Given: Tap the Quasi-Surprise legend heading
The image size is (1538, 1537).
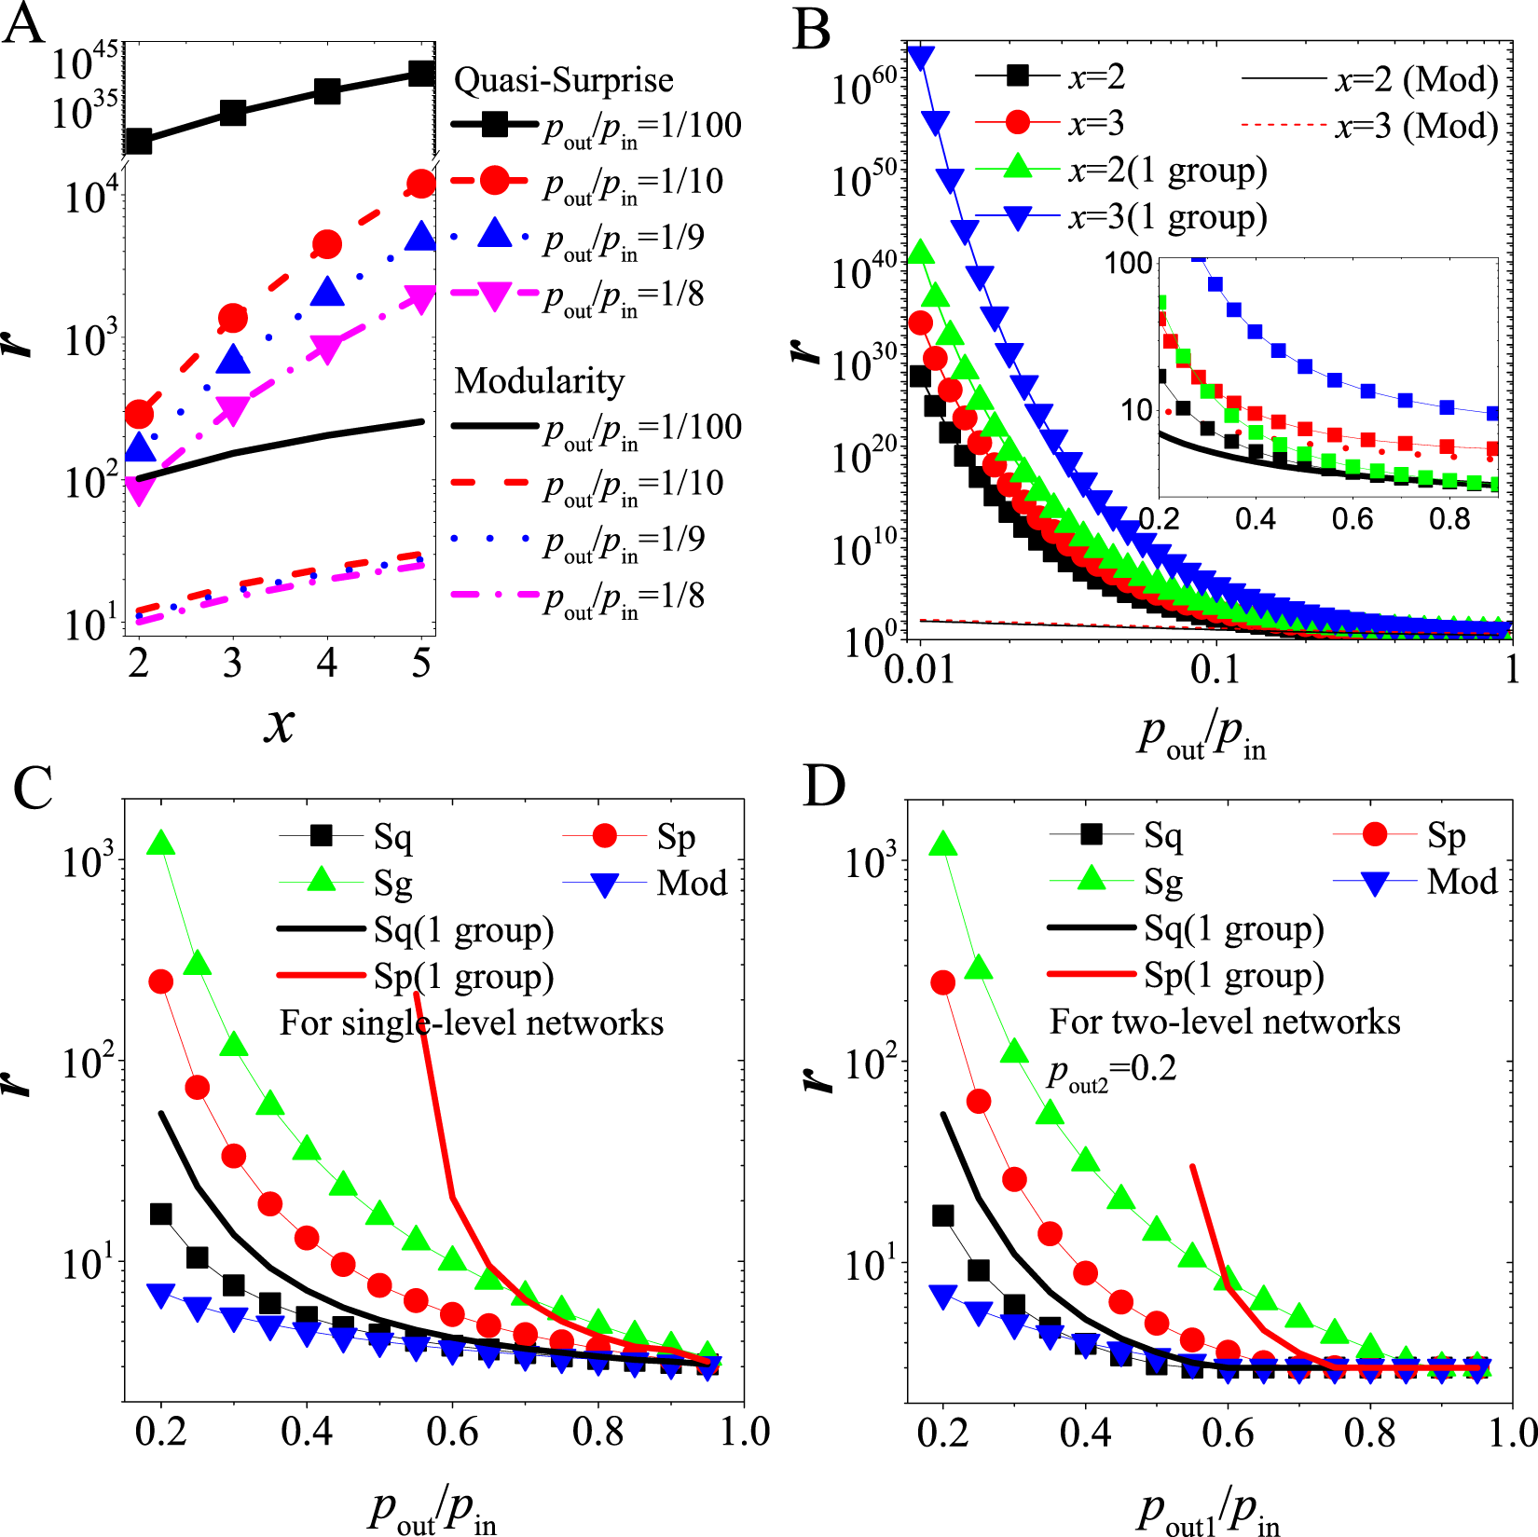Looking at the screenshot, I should (x=563, y=80).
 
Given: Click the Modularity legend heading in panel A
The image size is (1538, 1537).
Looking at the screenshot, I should (x=539, y=380).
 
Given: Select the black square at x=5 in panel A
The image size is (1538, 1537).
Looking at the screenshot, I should (x=422, y=74).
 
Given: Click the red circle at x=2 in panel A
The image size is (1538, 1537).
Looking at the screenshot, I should (x=139, y=414).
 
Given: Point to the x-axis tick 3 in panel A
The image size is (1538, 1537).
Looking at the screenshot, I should (x=232, y=664).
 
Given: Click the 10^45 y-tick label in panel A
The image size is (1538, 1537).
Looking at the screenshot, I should (x=85, y=62).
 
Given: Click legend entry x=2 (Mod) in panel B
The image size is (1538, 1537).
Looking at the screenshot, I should (x=1416, y=80).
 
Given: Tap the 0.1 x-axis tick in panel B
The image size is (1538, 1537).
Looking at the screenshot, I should (x=1215, y=668).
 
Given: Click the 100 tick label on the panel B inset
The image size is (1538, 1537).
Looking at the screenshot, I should (x=1129, y=264).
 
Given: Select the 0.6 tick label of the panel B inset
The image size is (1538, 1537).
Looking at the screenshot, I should (x=1353, y=519).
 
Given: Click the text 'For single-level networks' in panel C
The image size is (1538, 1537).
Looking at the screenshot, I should (x=472, y=1022).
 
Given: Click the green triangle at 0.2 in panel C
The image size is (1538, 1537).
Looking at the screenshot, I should (x=162, y=844).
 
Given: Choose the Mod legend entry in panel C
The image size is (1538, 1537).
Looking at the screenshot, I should (x=691, y=883).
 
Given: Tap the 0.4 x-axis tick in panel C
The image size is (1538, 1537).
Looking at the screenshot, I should (x=307, y=1431).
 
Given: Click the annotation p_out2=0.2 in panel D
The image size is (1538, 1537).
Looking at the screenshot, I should (x=1111, y=1069).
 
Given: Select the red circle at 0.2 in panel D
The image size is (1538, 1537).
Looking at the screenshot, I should (x=943, y=982).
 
